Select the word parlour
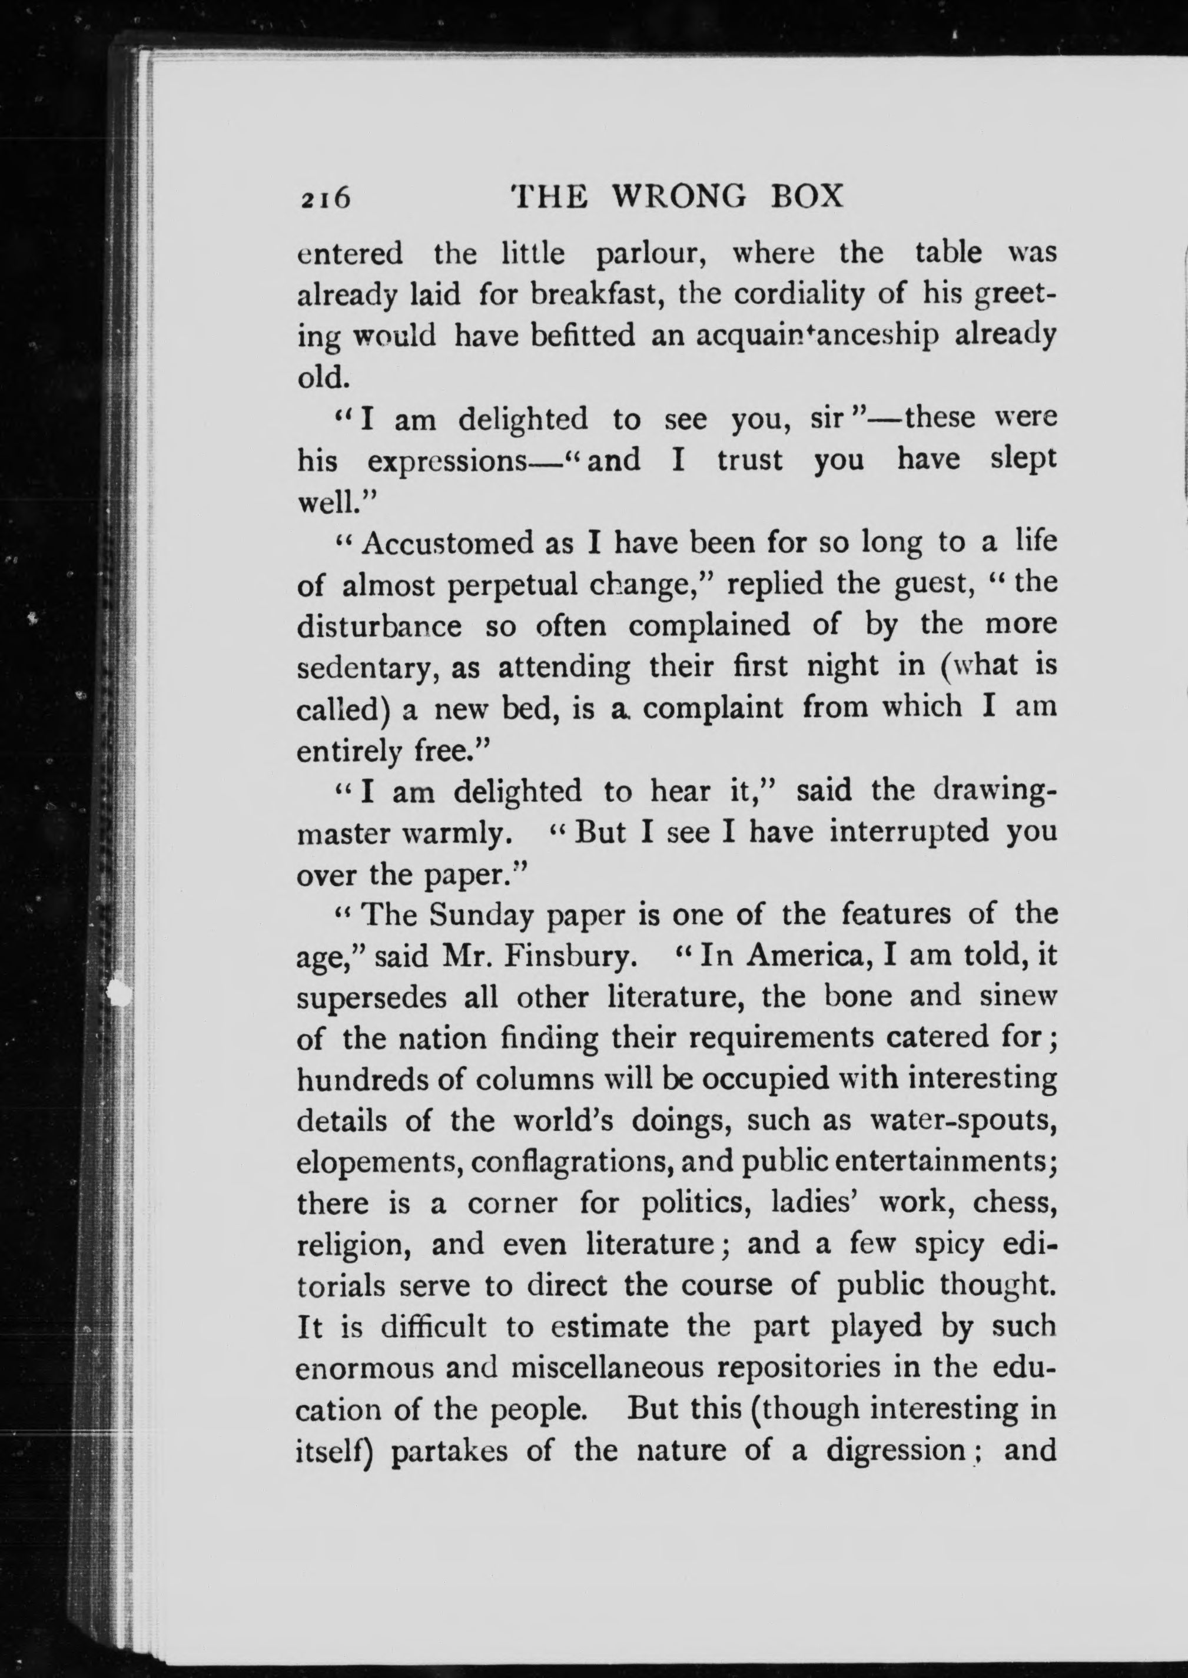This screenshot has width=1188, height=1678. click(x=653, y=254)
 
